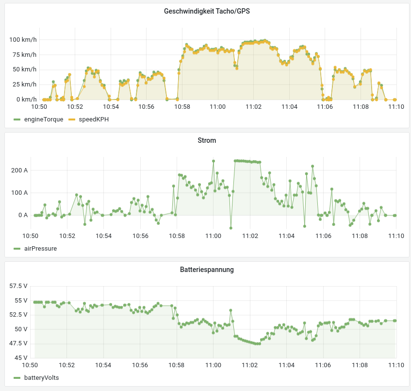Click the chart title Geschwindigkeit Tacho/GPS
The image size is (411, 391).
pos(207,12)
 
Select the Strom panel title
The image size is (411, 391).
pos(207,140)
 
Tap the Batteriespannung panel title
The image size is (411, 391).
pos(207,269)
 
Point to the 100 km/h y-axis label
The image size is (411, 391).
pos(23,40)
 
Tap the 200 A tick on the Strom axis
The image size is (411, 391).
pos(20,170)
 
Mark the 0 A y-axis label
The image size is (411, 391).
pos(23,215)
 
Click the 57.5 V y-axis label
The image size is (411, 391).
pos(18,286)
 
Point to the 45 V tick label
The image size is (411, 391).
pos(21,358)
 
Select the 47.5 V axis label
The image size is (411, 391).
pos(18,343)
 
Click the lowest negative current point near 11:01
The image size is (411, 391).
pos(231,228)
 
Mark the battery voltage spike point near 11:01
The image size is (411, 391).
pos(231,310)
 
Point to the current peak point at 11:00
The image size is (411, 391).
pos(214,161)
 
